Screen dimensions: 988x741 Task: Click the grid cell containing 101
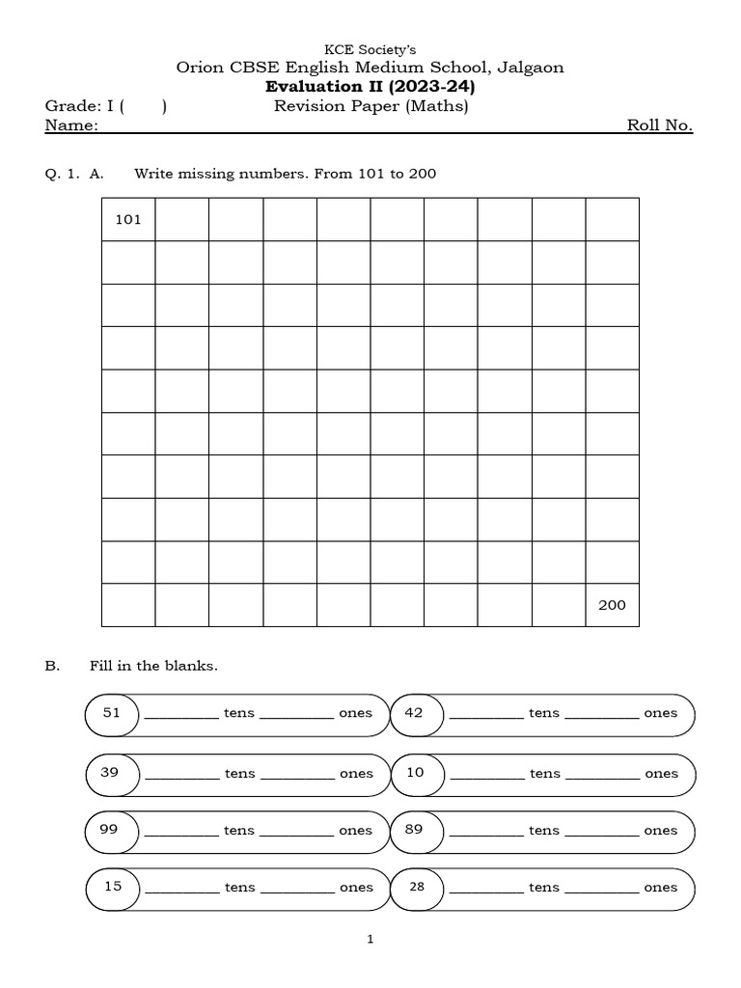click(128, 220)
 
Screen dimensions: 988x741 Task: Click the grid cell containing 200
click(612, 605)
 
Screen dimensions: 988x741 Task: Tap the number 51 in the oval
click(113, 713)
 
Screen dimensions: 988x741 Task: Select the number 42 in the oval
click(415, 713)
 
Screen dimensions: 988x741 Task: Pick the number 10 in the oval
click(416, 772)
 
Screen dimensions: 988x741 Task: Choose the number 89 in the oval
click(415, 829)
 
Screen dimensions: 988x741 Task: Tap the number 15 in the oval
click(113, 887)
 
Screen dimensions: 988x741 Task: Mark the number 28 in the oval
click(417, 887)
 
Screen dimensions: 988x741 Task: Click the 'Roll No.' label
click(660, 125)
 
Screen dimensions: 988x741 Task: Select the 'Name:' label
click(71, 125)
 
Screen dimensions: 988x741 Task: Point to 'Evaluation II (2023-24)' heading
click(370, 87)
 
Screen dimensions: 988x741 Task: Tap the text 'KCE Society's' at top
click(370, 49)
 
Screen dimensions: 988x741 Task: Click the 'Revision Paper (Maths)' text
click(371, 106)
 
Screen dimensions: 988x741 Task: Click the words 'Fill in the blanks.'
click(153, 666)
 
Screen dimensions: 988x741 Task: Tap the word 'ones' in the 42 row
click(661, 713)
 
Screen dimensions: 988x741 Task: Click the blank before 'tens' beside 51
click(181, 715)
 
